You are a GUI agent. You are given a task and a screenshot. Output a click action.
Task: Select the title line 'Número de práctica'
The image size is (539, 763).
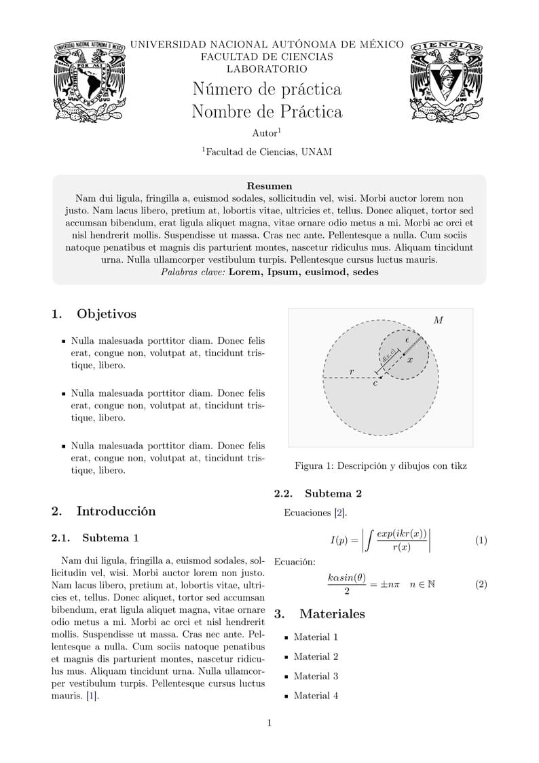(x=267, y=89)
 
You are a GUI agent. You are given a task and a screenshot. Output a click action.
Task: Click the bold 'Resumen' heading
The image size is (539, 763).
(x=269, y=185)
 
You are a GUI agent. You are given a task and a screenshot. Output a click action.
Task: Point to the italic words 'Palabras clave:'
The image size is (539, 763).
(x=193, y=272)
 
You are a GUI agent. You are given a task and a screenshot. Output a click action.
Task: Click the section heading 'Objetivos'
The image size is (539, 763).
(x=106, y=314)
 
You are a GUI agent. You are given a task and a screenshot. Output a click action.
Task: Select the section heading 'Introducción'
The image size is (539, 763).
(x=115, y=511)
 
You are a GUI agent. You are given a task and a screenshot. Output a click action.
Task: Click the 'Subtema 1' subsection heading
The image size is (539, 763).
(x=110, y=538)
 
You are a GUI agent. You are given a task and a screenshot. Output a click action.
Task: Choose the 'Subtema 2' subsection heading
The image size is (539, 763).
(x=333, y=493)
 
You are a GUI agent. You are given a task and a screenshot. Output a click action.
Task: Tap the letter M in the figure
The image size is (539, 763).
(x=438, y=320)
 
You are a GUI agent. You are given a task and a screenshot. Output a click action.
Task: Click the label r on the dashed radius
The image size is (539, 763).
(x=351, y=371)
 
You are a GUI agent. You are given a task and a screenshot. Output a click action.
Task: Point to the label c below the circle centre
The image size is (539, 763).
(x=375, y=384)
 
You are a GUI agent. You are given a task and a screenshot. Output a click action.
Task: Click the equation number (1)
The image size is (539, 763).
(x=481, y=541)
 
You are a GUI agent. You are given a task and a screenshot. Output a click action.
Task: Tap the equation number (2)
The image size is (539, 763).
(x=481, y=584)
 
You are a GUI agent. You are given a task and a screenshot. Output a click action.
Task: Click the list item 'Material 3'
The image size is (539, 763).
(x=316, y=676)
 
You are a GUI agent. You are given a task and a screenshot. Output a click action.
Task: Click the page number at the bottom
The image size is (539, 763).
(x=269, y=723)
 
